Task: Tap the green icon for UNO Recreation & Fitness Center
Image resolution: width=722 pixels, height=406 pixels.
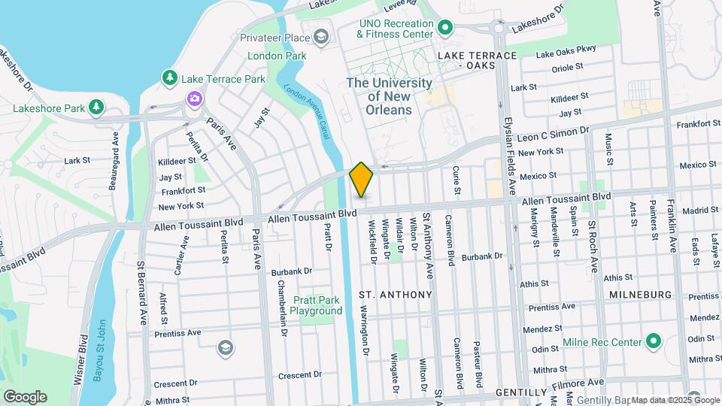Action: point(444,29)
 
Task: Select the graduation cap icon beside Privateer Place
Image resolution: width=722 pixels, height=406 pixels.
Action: point(321,37)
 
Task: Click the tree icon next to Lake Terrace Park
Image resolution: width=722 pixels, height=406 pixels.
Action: point(171,78)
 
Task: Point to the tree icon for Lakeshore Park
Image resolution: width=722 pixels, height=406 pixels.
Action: point(96,108)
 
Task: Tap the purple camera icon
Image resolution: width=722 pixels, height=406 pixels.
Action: point(194,98)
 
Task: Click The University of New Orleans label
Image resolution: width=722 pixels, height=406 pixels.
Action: point(389,96)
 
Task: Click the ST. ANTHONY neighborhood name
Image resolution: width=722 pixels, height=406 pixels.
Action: point(395,294)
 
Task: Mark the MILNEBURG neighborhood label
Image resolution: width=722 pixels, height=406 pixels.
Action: point(639,294)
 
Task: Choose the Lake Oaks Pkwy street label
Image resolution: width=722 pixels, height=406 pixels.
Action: point(567,51)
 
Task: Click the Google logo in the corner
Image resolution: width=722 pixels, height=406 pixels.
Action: point(25,396)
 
